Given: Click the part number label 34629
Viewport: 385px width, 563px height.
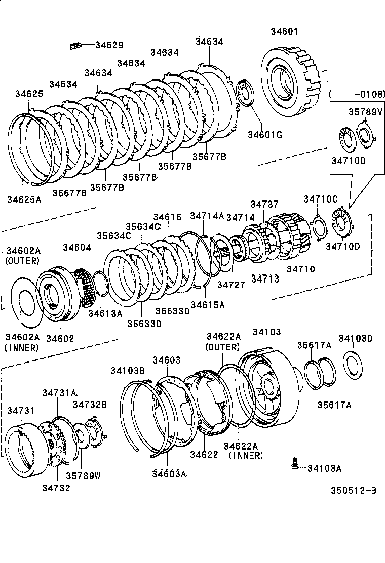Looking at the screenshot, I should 109,45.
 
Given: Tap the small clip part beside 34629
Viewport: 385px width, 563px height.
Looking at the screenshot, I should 75,46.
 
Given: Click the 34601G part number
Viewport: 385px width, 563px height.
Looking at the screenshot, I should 264,134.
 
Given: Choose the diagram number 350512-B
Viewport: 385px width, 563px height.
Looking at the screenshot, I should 354,490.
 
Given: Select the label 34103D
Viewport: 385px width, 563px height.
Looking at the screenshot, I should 356,338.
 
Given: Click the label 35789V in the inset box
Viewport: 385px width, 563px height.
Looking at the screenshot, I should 365,111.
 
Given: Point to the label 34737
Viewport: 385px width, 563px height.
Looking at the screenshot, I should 264,204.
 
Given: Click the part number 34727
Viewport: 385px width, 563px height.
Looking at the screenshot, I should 231,285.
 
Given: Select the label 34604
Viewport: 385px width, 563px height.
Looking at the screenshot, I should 77,247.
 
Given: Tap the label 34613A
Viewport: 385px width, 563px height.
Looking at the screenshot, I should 105,313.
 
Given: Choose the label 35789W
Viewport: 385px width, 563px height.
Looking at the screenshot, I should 84,476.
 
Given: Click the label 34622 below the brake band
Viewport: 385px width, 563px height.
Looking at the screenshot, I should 204,455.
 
